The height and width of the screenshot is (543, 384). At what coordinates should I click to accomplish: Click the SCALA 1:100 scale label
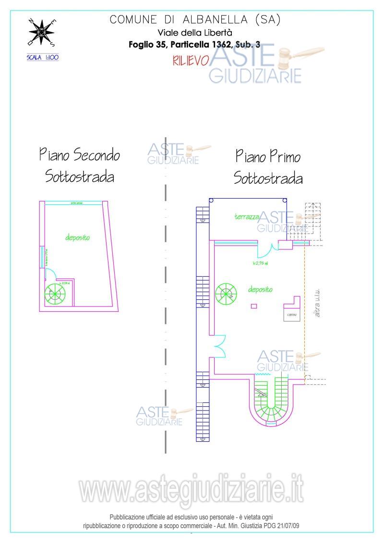[43, 57]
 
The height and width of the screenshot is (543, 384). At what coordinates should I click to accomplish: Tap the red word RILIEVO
[190, 60]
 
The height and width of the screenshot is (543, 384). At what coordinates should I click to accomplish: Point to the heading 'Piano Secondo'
[79, 155]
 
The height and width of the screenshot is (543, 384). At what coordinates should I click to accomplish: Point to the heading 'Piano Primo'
[267, 156]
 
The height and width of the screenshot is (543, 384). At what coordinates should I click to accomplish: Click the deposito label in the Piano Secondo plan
[78, 237]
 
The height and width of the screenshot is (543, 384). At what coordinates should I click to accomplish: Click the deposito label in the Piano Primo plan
[260, 289]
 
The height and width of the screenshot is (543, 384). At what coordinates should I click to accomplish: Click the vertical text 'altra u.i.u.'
[317, 303]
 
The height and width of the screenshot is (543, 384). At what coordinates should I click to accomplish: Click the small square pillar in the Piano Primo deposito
[254, 306]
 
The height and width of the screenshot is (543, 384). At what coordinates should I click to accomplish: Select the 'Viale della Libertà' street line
[195, 33]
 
